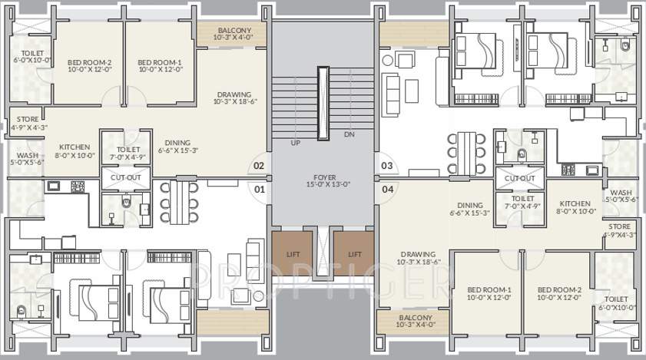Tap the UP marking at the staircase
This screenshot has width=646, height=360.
pos(295,144)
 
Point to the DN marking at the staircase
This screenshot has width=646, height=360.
pos(350,135)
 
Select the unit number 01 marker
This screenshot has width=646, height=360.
pos(259,188)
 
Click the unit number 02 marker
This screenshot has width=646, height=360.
pos(259,165)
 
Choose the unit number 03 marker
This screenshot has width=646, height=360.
pos(386,165)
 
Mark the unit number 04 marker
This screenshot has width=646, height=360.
pos(386,188)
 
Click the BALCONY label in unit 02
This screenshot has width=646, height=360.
pos(232,31)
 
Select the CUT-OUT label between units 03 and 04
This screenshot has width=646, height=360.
pos(519,178)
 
